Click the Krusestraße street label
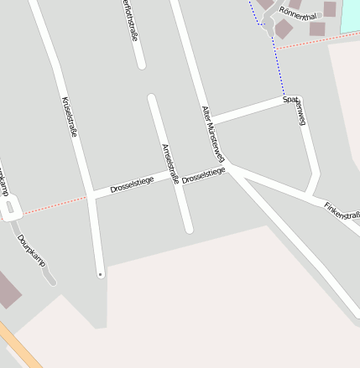click(x=70, y=117)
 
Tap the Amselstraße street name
click(x=170, y=163)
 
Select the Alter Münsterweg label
click(x=213, y=133)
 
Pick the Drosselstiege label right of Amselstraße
click(x=204, y=174)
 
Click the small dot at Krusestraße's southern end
click(x=101, y=274)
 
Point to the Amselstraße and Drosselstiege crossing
click(x=178, y=180)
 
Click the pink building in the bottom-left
click(x=8, y=290)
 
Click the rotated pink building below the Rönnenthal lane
click(x=284, y=29)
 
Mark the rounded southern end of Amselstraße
click(x=189, y=228)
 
